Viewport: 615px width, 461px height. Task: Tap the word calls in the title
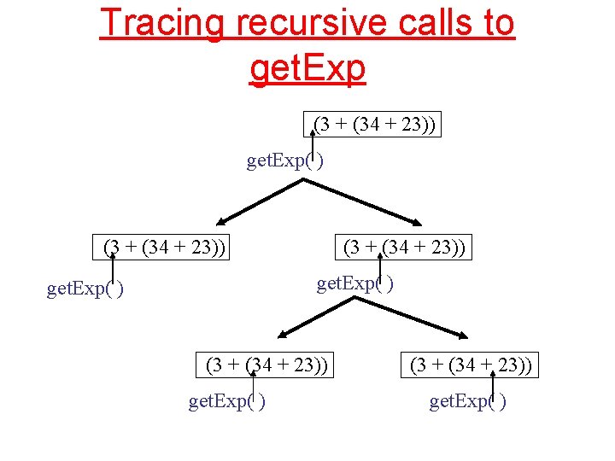click(421, 22)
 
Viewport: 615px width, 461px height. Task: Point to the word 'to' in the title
click(494, 22)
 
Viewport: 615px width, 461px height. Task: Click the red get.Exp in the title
click(307, 67)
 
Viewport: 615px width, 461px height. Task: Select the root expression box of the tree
click(374, 125)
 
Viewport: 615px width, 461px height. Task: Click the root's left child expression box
click(164, 248)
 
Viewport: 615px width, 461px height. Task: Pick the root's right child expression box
click(404, 248)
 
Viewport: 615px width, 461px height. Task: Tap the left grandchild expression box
click(267, 365)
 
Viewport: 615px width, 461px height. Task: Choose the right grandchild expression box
click(471, 365)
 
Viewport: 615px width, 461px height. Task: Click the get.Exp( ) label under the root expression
click(284, 160)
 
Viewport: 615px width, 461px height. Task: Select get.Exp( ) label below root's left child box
click(85, 289)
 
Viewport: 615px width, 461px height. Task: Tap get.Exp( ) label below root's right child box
click(355, 283)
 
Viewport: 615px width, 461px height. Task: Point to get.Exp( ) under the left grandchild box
click(226, 401)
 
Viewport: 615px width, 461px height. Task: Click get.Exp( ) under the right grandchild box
click(467, 401)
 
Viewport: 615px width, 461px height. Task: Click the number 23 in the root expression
click(413, 125)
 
